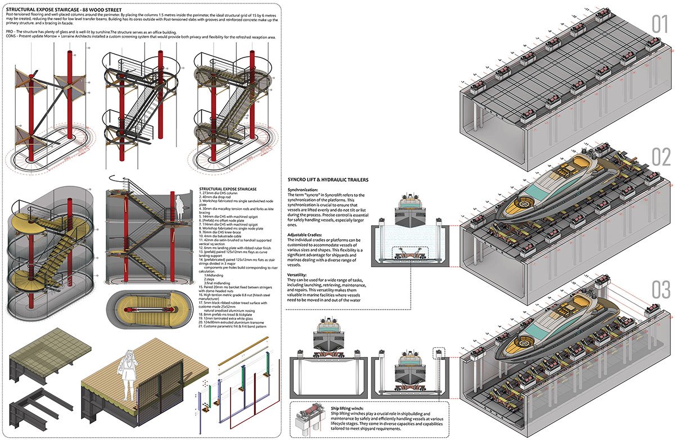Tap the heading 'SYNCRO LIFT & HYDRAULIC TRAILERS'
coord(328,179)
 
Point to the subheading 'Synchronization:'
coord(305,190)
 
